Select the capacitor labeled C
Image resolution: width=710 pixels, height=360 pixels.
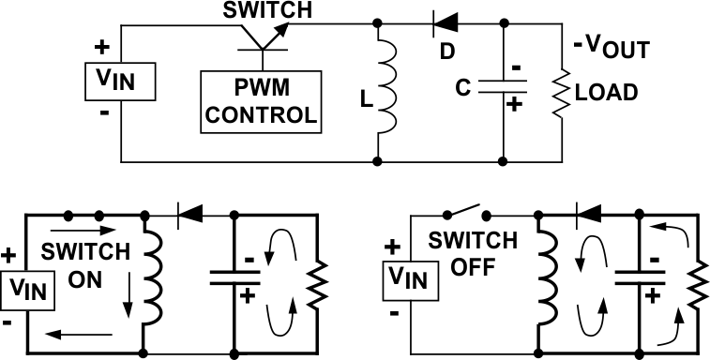[503, 86]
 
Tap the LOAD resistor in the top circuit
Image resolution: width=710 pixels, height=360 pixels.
[561, 92]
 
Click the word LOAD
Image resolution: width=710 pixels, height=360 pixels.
[609, 93]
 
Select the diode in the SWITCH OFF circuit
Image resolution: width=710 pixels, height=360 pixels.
[589, 215]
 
